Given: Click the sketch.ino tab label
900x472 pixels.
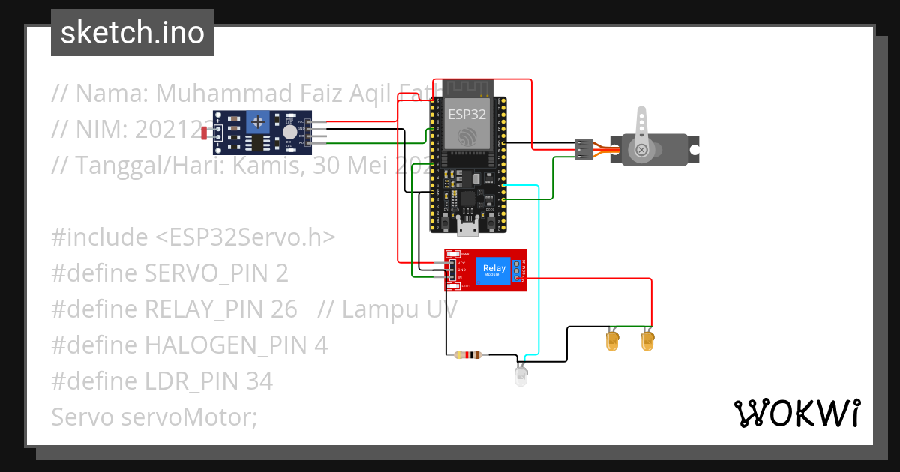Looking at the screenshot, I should coord(132,33).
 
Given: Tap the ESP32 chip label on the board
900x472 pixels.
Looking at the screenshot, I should coord(466,115).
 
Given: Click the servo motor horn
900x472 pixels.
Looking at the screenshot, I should coord(641,135).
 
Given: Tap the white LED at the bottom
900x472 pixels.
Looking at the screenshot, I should coord(521,375).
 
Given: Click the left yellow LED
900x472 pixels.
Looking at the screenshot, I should coord(612,342).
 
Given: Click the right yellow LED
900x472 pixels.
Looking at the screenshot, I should coord(648,342).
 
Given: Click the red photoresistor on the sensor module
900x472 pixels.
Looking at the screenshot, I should coord(205,133).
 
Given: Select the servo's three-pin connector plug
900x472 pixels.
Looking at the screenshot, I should coord(584,149).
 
